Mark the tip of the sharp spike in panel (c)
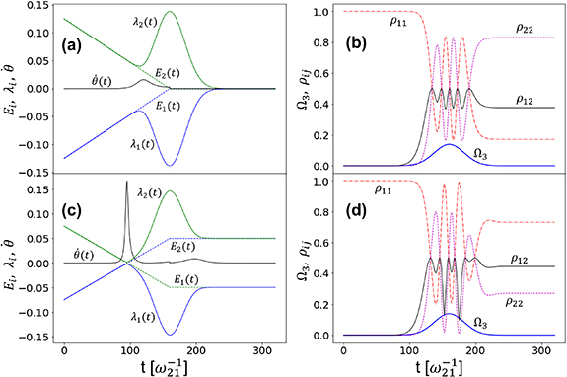click(x=127, y=183)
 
